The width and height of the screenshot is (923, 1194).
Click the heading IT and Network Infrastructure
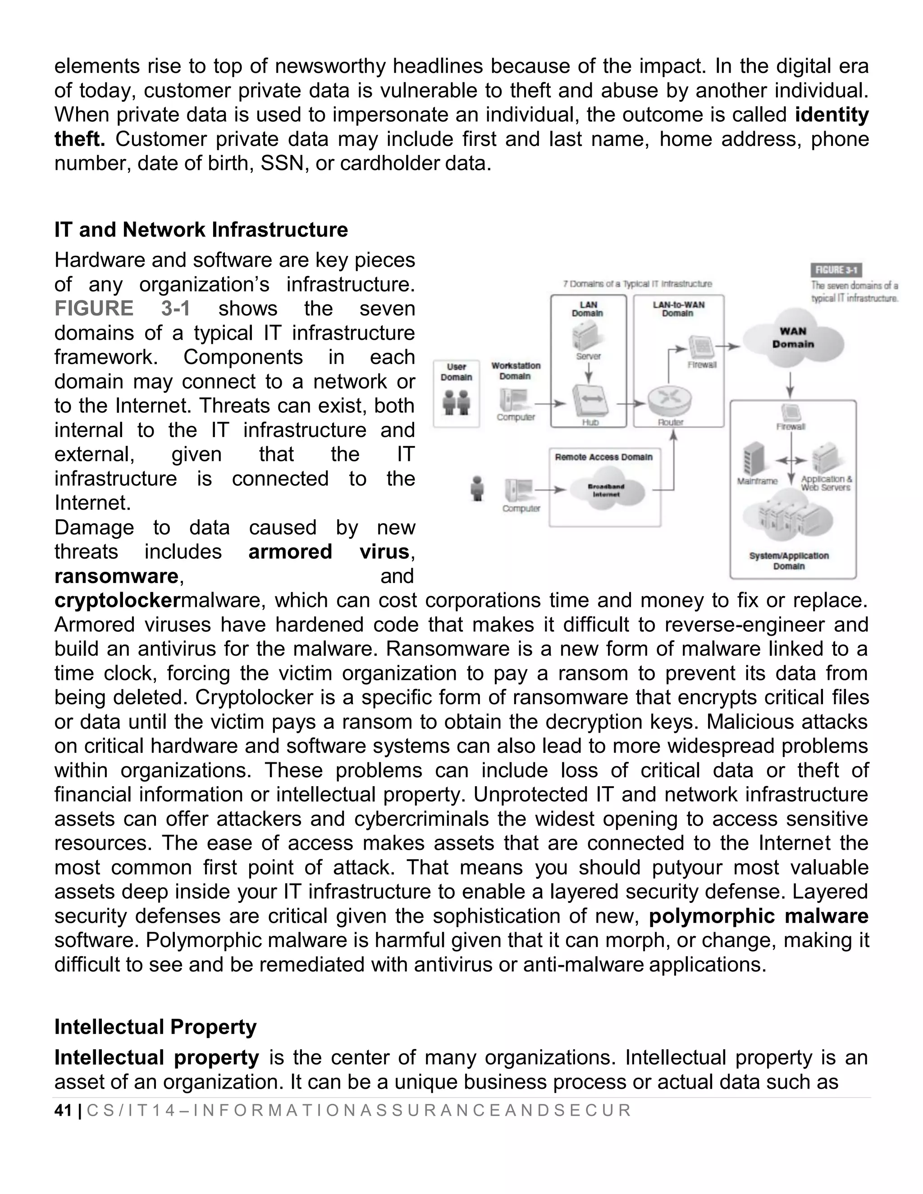tap(201, 230)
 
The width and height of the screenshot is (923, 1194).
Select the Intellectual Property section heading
tap(155, 1027)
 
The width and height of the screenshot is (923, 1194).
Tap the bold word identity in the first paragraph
tap(831, 115)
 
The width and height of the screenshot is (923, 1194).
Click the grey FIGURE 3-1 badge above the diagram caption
tap(836, 270)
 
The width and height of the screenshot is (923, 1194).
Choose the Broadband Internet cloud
tap(606, 490)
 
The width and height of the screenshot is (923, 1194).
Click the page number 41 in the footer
tap(64, 1110)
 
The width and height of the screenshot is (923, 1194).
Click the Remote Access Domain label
tap(603, 457)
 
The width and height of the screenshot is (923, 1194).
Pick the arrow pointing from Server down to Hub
tap(588, 375)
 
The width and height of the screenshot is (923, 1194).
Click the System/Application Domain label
tap(789, 561)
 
